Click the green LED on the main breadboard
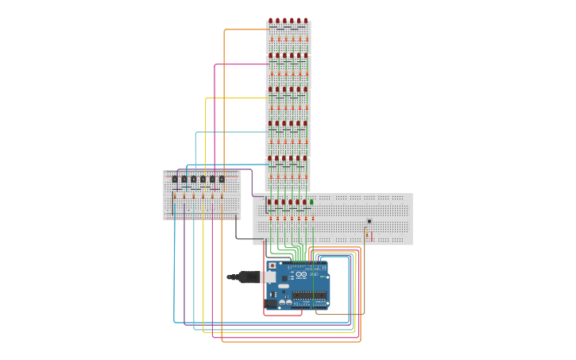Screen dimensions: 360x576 [311, 202]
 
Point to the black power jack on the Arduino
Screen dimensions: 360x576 [271, 303]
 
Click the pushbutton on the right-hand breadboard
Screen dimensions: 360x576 [369, 221]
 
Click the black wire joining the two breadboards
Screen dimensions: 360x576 [236, 230]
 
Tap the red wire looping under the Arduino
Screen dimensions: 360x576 [282, 315]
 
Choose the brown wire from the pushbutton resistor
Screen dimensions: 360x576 [342, 314]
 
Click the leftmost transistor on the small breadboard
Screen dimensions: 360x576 [175, 180]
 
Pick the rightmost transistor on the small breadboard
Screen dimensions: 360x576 [222, 180]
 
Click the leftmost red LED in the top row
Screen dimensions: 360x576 [270, 21]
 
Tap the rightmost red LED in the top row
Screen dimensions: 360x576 [306, 21]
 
